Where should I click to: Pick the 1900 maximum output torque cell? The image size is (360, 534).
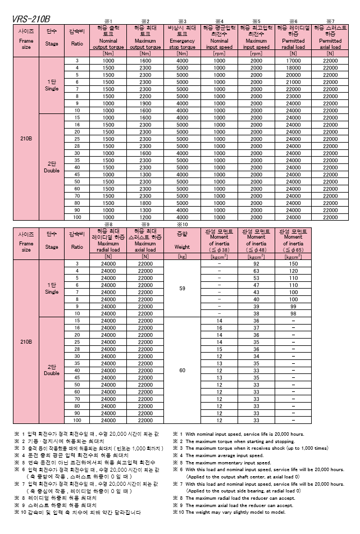tap(145, 103)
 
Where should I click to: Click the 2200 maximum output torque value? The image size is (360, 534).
tap(145, 97)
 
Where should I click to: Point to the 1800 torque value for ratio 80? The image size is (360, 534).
tap(145, 203)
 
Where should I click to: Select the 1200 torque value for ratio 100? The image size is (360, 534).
tap(145, 217)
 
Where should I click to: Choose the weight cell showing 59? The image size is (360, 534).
tap(182, 288)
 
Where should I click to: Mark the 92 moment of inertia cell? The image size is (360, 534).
tap(256, 263)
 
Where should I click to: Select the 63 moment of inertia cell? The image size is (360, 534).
tap(256, 271)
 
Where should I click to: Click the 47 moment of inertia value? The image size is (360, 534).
tap(256, 285)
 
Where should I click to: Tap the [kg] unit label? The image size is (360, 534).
tap(182, 257)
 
